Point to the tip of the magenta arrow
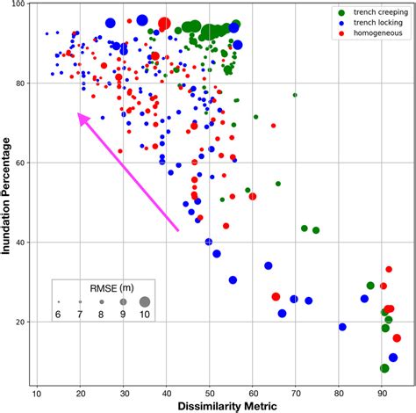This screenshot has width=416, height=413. coord(79,114)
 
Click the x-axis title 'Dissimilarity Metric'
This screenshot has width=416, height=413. coord(209,405)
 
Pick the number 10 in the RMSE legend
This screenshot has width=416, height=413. coord(144,315)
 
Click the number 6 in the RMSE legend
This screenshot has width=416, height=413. coord(59,315)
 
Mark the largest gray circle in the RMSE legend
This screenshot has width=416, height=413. coord(144,301)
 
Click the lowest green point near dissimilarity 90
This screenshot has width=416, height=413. coord(384,368)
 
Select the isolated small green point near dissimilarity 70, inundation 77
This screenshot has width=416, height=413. coord(295,95)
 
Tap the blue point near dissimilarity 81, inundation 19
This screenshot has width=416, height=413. coord(342,327)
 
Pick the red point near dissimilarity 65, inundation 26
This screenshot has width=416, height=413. coord(276,297)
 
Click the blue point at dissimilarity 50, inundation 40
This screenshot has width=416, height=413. coord(209,242)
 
